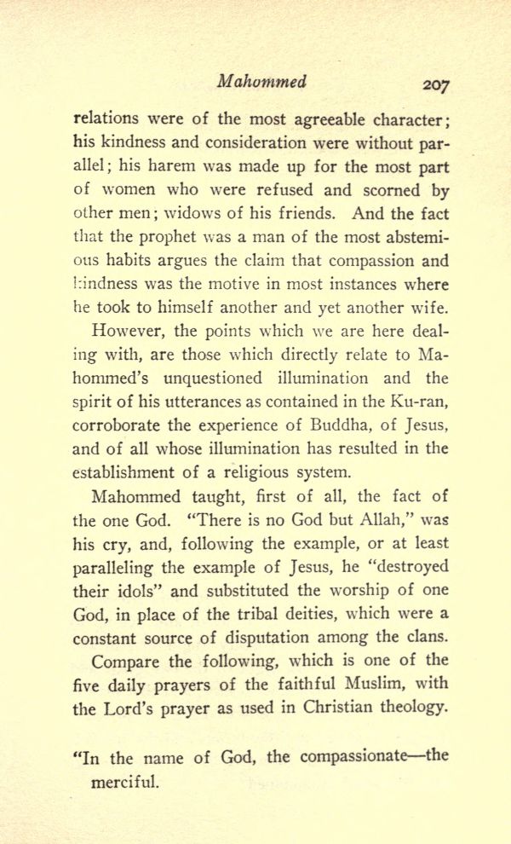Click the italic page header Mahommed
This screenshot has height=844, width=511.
tap(261, 83)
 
